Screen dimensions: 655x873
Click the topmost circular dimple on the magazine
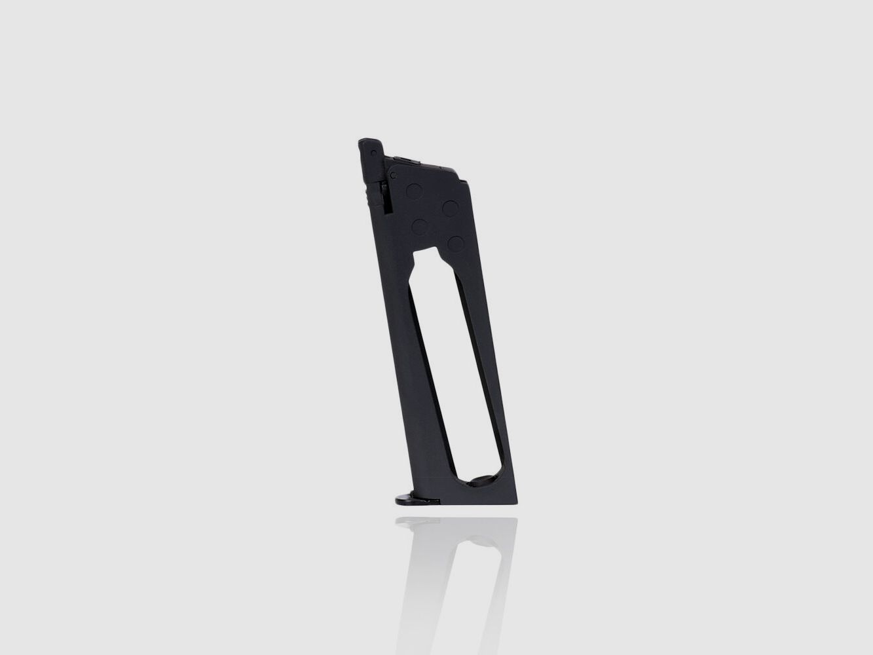[x=414, y=192]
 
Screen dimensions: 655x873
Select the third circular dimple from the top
[x=420, y=227]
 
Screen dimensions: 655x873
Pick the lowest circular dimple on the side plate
[x=455, y=243]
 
